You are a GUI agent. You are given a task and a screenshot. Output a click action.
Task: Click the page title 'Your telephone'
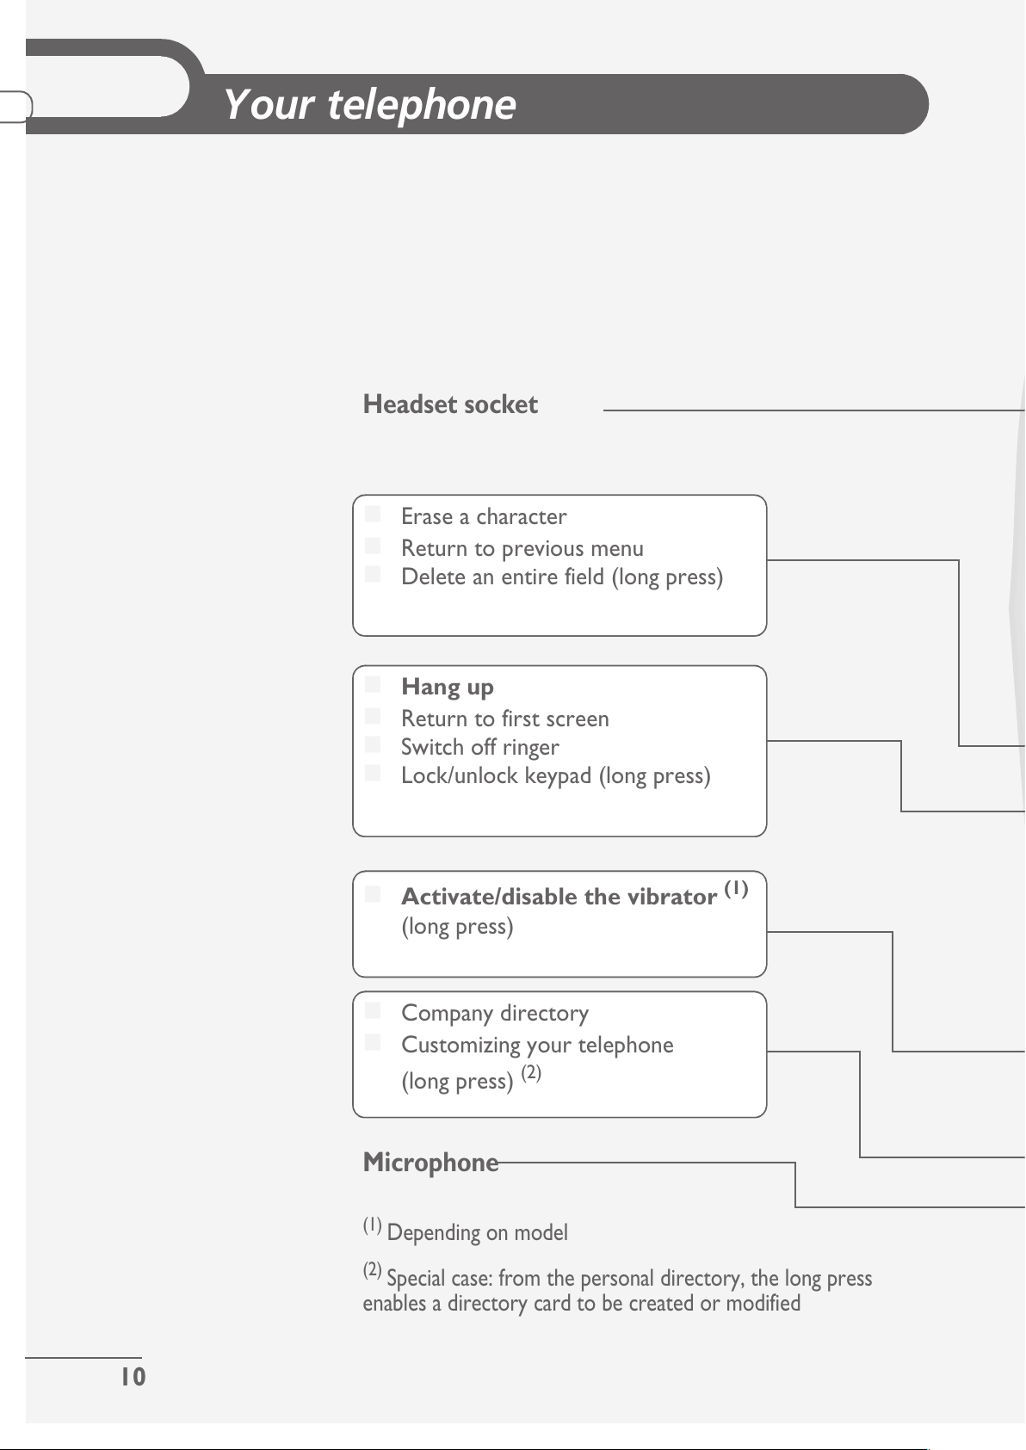click(x=369, y=104)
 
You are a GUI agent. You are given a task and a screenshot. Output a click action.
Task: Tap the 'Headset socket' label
click(x=450, y=404)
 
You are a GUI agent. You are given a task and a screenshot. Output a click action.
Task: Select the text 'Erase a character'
click(x=484, y=516)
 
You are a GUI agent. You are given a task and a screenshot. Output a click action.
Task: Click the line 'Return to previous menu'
click(x=522, y=548)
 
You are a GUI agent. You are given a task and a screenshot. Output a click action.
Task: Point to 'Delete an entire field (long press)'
click(x=562, y=577)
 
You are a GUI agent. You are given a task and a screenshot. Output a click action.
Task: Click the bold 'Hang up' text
click(x=448, y=687)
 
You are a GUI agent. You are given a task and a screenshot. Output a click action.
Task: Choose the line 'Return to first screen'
click(x=505, y=719)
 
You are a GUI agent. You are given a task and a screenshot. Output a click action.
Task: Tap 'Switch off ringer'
click(x=479, y=747)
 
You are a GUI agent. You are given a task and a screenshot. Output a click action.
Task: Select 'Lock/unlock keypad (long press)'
click(x=556, y=775)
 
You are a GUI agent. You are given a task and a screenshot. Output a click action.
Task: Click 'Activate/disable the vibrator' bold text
click(x=559, y=897)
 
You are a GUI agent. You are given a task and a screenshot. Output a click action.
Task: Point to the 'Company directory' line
click(x=495, y=1013)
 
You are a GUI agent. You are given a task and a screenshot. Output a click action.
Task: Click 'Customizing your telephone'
click(x=537, y=1045)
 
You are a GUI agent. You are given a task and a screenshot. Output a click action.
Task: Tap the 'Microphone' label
click(x=430, y=1163)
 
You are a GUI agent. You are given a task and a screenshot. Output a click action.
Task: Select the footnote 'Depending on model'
click(x=477, y=1232)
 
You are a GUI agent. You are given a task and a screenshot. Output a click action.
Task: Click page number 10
click(x=133, y=1377)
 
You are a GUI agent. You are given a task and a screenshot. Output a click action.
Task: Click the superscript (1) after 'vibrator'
click(x=736, y=889)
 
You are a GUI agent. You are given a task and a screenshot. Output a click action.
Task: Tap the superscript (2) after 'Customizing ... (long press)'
click(x=531, y=1072)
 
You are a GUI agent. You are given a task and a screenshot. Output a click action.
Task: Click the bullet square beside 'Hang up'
click(x=372, y=684)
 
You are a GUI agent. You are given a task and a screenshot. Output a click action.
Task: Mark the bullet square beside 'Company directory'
click(x=372, y=1010)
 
